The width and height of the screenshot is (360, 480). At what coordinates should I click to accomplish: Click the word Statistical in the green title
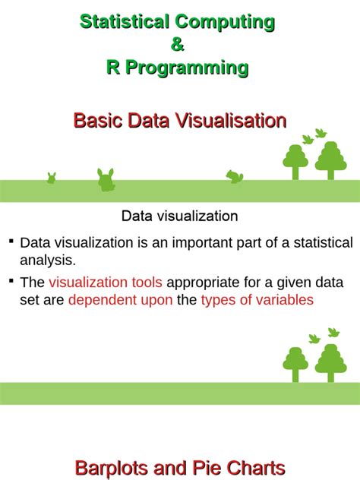pos(125,22)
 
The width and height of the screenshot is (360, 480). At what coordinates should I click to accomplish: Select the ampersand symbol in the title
pos(178,45)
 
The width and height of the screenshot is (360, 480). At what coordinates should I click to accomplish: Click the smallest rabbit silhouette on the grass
pos(52,178)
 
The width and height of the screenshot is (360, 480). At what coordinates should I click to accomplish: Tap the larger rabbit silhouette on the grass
pos(106,180)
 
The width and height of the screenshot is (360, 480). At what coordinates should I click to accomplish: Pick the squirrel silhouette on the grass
pos(234,176)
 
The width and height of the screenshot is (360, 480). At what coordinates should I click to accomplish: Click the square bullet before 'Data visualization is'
pos(11,241)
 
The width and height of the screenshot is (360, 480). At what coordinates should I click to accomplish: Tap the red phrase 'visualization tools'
pos(106,283)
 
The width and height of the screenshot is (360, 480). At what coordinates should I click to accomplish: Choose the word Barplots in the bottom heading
pos(118,467)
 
